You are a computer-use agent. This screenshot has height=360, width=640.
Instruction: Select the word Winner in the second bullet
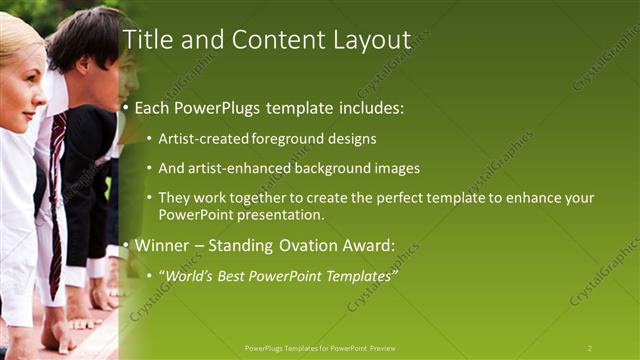pos(162,246)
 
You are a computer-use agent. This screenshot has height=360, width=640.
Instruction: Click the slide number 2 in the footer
pos(589,348)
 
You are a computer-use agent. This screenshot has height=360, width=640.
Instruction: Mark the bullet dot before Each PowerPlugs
pos(125,108)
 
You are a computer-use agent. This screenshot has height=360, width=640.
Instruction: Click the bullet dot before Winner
pos(125,246)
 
